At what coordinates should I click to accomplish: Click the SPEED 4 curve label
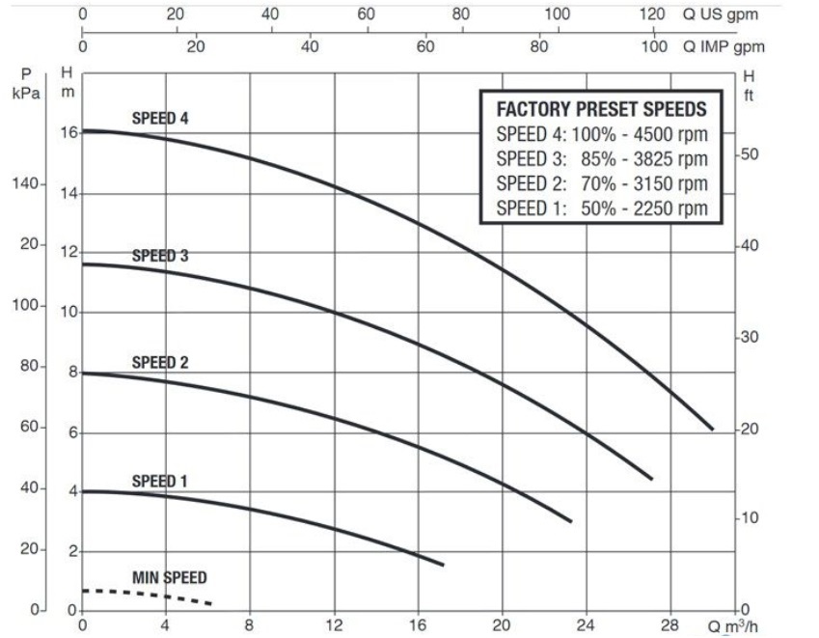pyautogui.click(x=160, y=119)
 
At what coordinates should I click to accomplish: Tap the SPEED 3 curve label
pyautogui.click(x=160, y=257)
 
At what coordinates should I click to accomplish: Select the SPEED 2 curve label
pyautogui.click(x=160, y=363)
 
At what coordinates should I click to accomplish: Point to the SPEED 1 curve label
pyautogui.click(x=160, y=481)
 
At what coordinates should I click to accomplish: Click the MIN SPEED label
pyautogui.click(x=169, y=578)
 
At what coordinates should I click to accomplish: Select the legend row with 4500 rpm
pyautogui.click(x=601, y=134)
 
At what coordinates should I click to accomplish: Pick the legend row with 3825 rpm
pyautogui.click(x=601, y=158)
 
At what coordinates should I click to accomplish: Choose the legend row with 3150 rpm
pyautogui.click(x=601, y=183)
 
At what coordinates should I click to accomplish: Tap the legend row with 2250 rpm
pyautogui.click(x=601, y=208)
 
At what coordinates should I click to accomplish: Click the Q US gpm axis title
pyautogui.click(x=713, y=14)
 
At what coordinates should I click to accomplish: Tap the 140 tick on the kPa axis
pyautogui.click(x=23, y=183)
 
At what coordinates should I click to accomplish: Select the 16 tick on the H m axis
pyautogui.click(x=68, y=133)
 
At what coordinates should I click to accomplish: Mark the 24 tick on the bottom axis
pyautogui.click(x=586, y=624)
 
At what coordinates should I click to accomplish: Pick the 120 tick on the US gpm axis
pyautogui.click(x=652, y=14)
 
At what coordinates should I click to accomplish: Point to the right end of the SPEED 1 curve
pyautogui.click(x=442, y=564)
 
